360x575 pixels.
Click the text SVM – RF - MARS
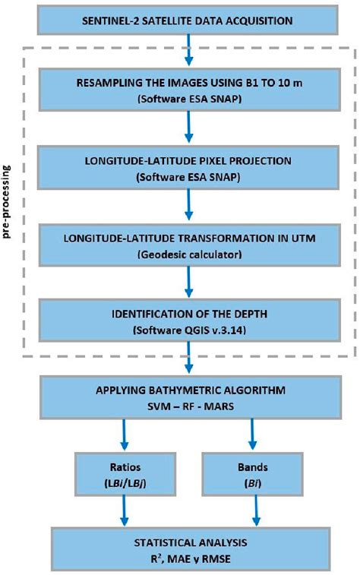pos(190,404)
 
